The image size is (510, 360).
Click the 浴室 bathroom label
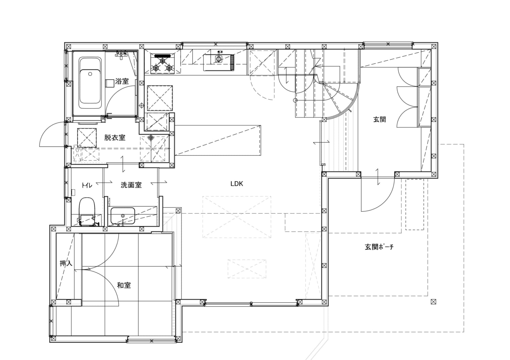tap(122, 82)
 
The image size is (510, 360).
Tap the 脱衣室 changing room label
tap(115, 138)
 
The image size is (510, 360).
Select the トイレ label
tap(87, 185)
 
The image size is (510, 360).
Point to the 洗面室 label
tap(131, 185)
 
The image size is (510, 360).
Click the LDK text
tap(237, 184)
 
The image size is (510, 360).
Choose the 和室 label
tap(124, 285)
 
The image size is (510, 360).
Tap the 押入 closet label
tap(66, 263)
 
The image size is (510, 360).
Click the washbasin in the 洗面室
tap(122, 216)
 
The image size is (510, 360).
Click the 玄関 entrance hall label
tap(379, 120)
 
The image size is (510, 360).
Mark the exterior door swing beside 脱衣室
tap(52, 135)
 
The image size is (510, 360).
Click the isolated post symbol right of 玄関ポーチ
tap(433, 302)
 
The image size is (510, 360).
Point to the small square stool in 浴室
tap(110, 83)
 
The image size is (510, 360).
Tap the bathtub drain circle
tap(90, 73)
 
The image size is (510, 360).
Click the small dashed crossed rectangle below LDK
tap(247, 269)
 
